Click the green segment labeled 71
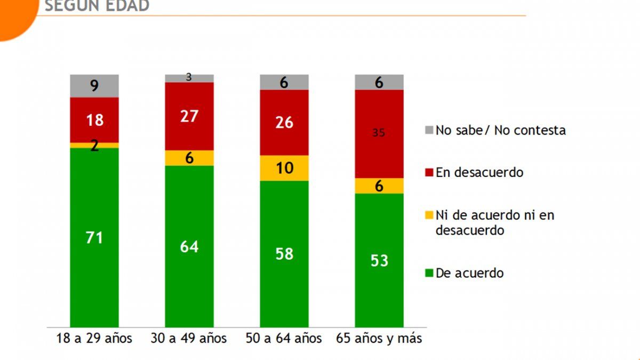click(94, 237)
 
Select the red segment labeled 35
click(379, 133)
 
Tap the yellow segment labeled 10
click(284, 168)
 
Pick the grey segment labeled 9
click(94, 85)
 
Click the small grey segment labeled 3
click(189, 78)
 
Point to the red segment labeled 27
click(189, 116)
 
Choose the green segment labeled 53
click(379, 260)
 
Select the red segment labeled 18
click(94, 119)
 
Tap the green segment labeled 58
click(284, 254)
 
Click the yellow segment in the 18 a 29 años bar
click(94, 145)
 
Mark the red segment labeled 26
click(284, 122)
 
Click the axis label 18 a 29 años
click(94, 339)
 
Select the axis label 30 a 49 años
click(189, 339)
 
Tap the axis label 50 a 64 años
click(284, 339)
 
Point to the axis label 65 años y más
click(379, 339)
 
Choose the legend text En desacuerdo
click(479, 172)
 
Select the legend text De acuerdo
click(469, 273)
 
